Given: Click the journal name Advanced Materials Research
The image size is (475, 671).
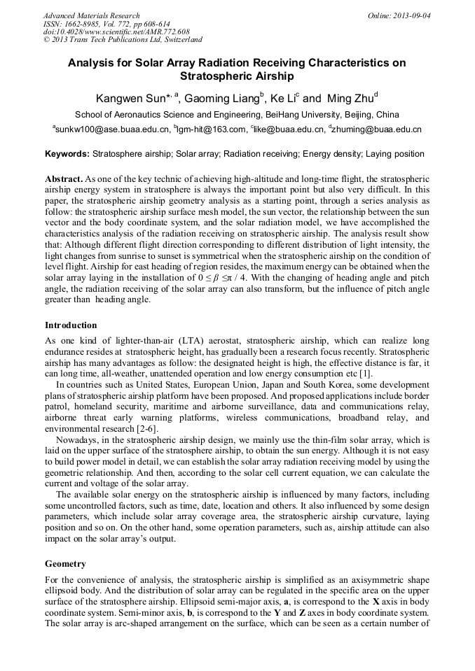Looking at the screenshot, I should tap(92, 15).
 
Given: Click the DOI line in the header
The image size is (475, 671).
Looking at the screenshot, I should tap(116, 32).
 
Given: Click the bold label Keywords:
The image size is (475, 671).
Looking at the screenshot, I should tap(67, 154).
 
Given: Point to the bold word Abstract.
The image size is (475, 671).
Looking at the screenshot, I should tap(64, 179).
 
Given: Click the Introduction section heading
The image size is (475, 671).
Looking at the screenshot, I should tap(71, 325).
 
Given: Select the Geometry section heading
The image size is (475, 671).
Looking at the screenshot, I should tap(65, 563).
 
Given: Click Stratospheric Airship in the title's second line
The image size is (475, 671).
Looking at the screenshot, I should tap(237, 76).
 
